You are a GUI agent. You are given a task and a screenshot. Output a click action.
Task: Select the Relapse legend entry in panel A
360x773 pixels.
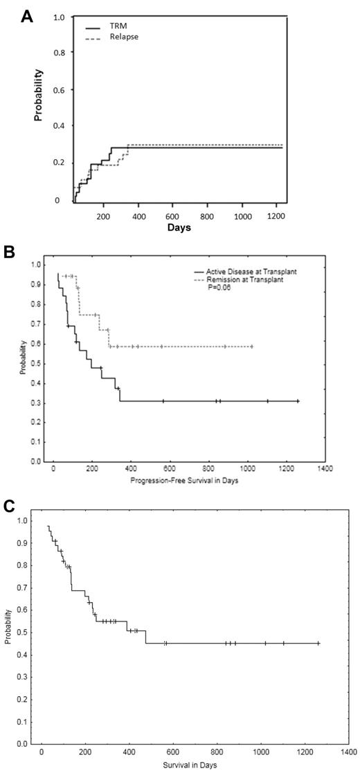tap(114, 36)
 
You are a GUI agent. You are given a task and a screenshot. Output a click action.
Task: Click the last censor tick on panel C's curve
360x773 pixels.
tap(318, 643)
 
